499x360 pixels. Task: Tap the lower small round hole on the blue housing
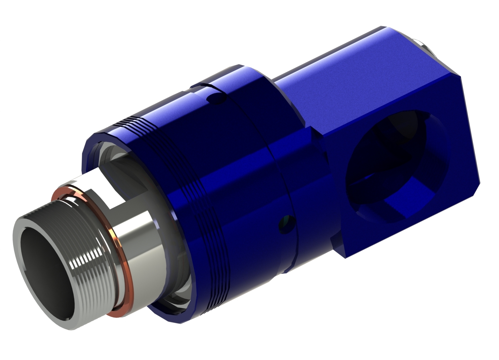click(286, 225)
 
